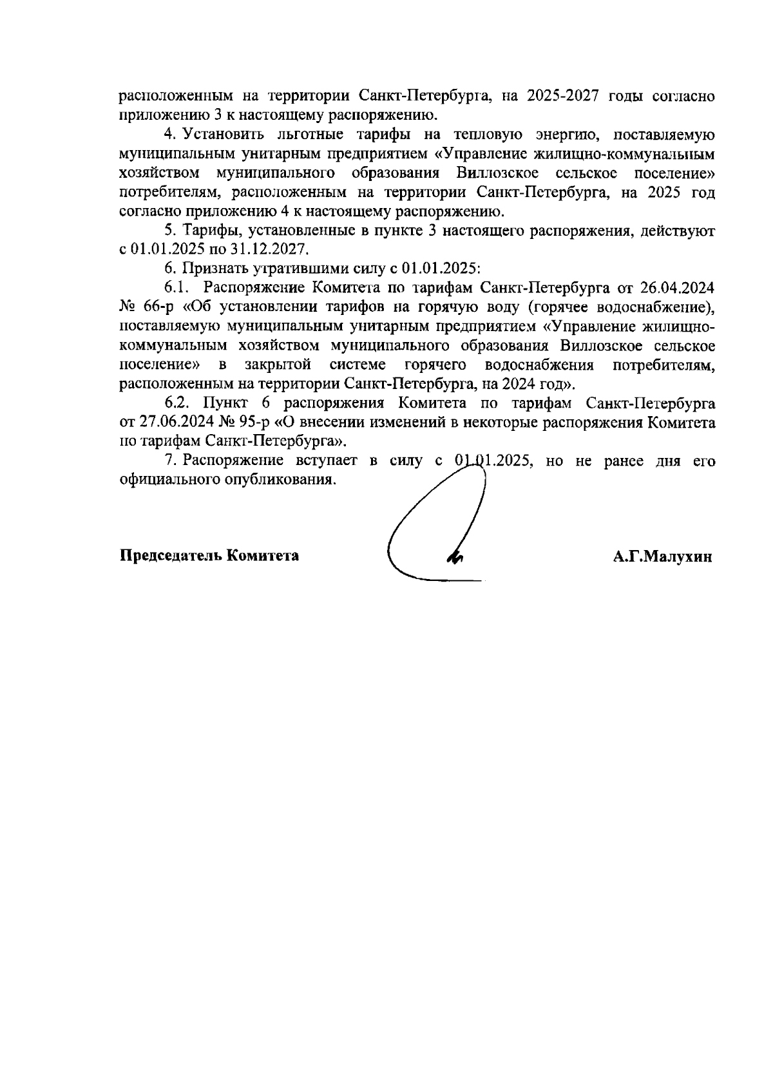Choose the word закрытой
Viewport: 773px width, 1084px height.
coord(278,365)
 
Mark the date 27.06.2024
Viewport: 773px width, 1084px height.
coord(170,423)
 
